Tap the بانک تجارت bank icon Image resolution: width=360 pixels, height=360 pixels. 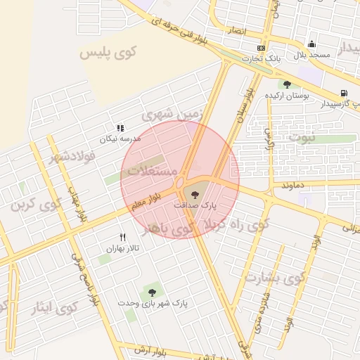pyautogui.click(x=262, y=48)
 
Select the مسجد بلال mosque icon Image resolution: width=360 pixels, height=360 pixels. pyautogui.click(x=311, y=44)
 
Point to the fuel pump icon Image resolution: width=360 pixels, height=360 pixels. pyautogui.click(x=343, y=93)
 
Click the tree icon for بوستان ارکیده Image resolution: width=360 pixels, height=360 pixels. pyautogui.click(x=287, y=84)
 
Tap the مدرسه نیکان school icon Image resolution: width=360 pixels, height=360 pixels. pyautogui.click(x=120, y=129)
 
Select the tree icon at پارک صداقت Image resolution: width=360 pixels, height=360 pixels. pyautogui.click(x=195, y=193)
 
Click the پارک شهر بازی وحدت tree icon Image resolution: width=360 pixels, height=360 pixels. pyautogui.click(x=152, y=292)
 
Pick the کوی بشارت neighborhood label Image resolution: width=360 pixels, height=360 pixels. pyautogui.click(x=276, y=277)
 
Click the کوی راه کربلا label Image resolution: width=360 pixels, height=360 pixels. pyautogui.click(x=236, y=225)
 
